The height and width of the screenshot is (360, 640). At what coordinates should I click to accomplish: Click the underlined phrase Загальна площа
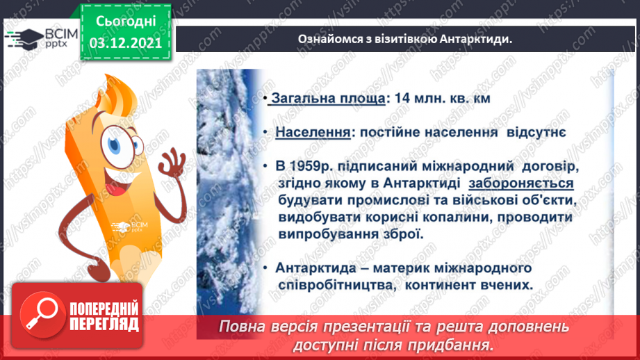click(327, 99)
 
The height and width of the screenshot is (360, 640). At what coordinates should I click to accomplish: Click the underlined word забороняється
click(520, 184)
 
